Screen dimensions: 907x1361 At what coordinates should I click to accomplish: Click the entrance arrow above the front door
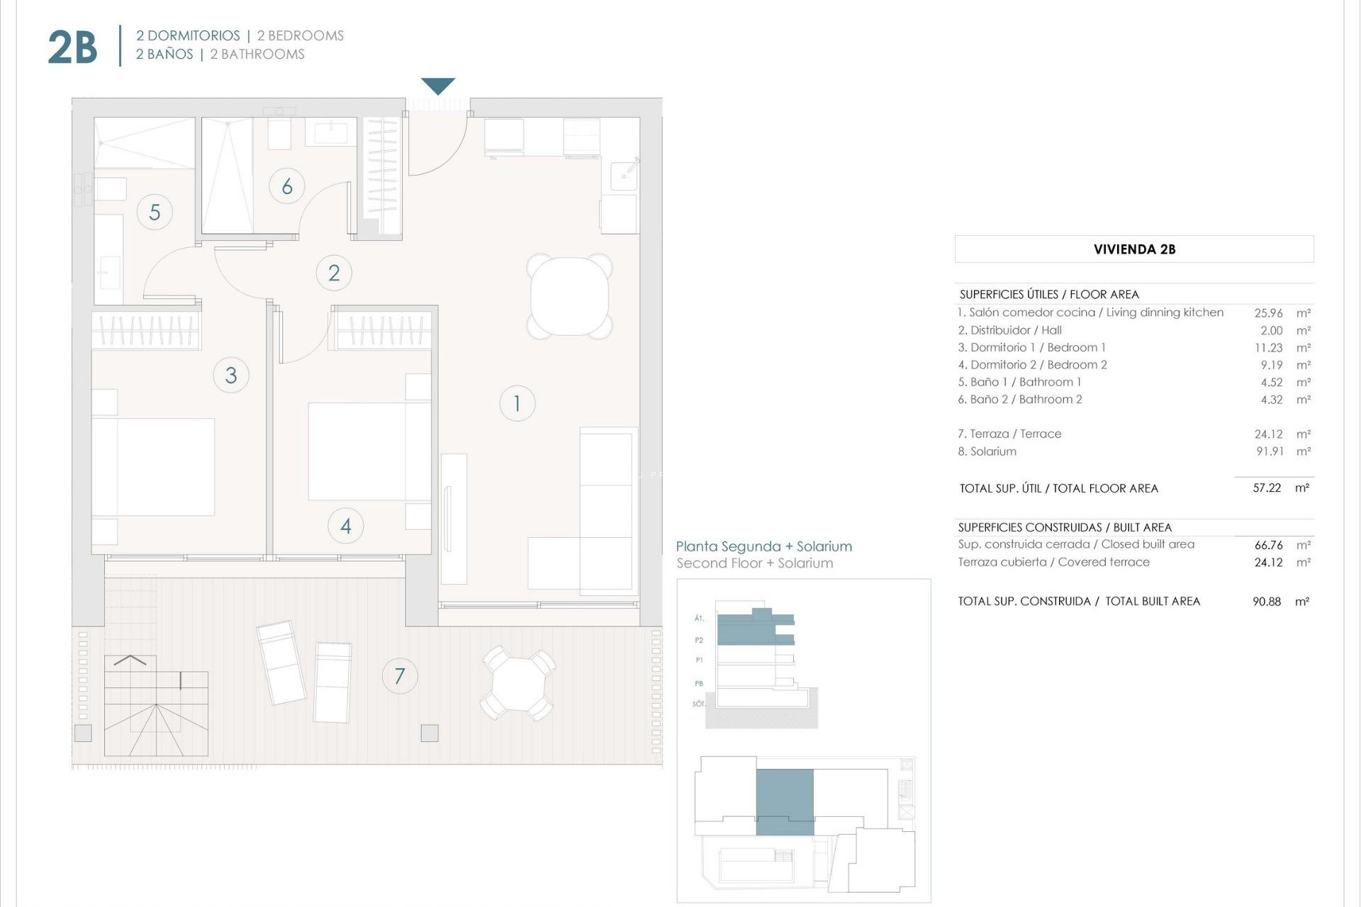click(x=437, y=86)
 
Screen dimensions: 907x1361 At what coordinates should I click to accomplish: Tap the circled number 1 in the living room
click(x=517, y=403)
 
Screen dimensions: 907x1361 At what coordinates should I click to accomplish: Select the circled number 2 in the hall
click(x=334, y=273)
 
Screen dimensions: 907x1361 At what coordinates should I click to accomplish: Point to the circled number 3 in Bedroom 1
click(x=231, y=375)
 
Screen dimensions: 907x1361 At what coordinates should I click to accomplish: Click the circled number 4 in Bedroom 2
click(x=346, y=526)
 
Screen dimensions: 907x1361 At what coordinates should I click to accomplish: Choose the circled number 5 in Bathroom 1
click(x=155, y=212)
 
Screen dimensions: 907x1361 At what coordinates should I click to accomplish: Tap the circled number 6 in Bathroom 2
click(x=287, y=186)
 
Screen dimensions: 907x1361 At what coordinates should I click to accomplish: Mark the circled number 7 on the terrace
click(x=400, y=676)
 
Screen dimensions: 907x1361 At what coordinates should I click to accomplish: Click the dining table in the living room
click(x=569, y=296)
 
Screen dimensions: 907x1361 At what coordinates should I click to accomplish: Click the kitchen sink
click(x=624, y=174)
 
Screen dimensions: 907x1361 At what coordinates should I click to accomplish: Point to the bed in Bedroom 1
click(x=153, y=466)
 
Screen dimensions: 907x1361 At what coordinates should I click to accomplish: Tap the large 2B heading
click(x=72, y=47)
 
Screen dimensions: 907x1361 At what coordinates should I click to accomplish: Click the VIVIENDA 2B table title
click(x=1134, y=249)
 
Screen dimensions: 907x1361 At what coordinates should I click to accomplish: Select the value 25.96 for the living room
click(x=1268, y=312)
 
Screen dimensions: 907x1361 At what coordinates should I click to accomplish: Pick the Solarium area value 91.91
click(x=1270, y=451)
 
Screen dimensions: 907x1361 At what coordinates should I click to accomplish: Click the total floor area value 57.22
click(x=1267, y=488)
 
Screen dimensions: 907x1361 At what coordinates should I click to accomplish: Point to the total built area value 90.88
click(x=1267, y=602)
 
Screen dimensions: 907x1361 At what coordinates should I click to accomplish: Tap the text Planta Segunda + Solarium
click(x=763, y=546)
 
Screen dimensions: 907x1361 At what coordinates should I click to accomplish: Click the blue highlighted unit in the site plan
click(x=785, y=801)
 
